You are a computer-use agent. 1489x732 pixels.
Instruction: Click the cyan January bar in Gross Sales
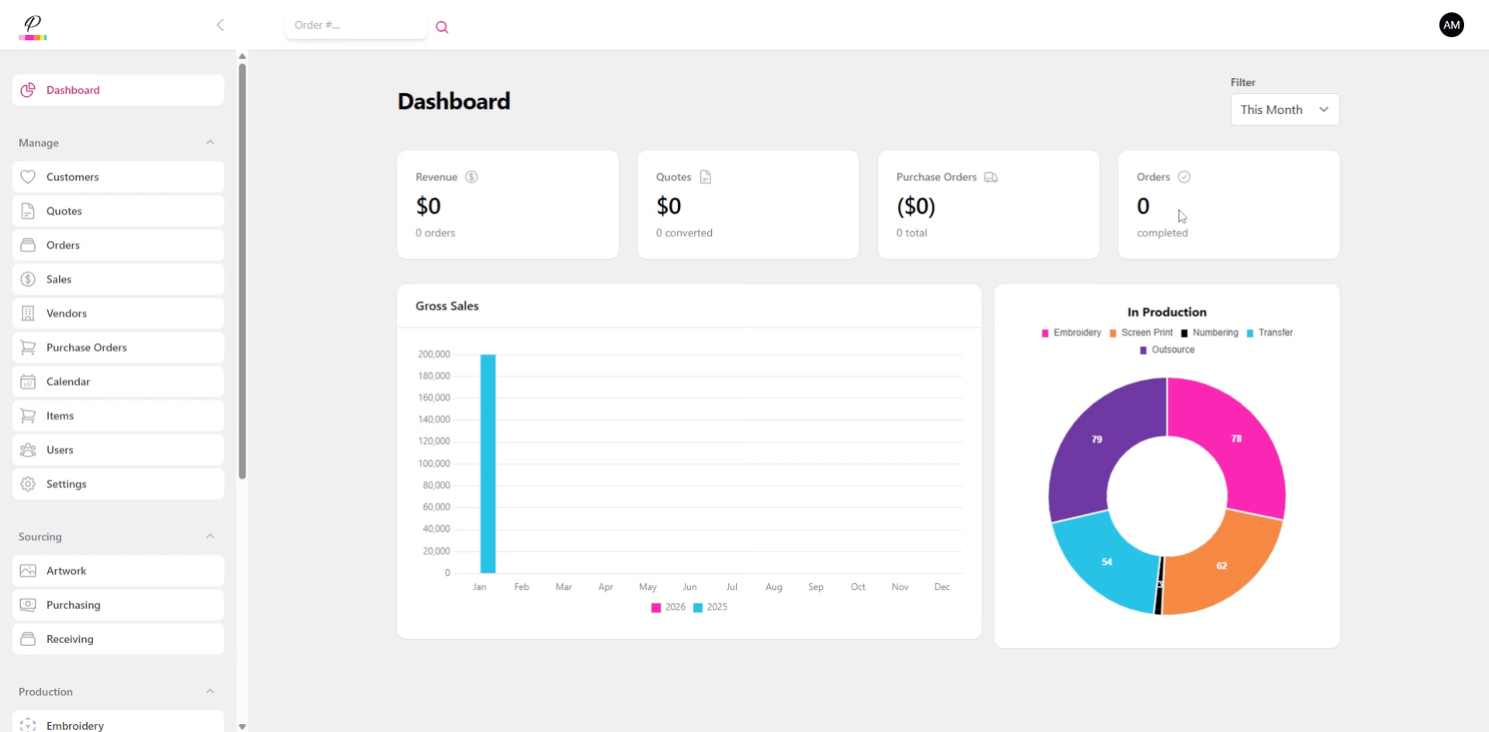coord(488,463)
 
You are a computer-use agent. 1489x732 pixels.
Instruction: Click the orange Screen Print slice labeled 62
coord(1221,566)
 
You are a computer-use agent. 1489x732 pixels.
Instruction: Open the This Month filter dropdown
coord(1284,109)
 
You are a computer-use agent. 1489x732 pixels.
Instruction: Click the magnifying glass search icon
coord(442,27)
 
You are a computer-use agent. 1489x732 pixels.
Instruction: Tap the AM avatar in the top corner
coord(1451,25)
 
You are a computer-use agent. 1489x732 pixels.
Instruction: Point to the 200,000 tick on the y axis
coord(434,354)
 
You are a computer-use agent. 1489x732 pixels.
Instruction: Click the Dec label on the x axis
coord(941,587)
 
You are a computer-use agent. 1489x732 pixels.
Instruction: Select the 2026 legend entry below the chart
coord(668,607)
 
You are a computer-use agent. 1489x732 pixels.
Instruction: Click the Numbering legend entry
coord(1210,333)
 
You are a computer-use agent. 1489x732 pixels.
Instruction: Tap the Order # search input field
coord(355,25)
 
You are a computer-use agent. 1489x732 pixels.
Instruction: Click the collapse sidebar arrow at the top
coord(220,25)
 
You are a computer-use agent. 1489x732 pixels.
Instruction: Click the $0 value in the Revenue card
coord(428,206)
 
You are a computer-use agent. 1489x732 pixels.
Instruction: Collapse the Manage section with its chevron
coord(210,143)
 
